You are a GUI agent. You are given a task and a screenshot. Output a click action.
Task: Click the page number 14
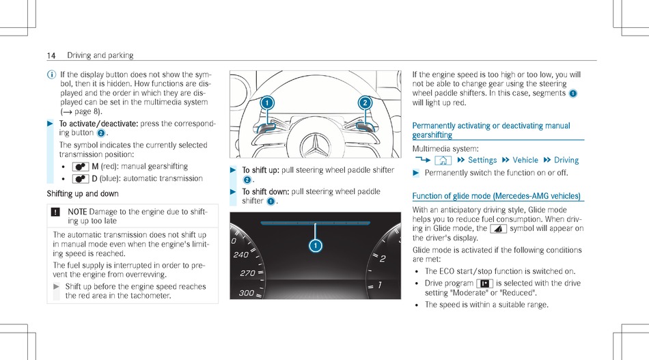51,55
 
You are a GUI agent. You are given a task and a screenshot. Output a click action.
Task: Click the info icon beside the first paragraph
51,74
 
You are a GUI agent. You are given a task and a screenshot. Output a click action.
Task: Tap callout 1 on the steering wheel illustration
266,102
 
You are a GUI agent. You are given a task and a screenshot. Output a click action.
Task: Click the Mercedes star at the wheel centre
315,144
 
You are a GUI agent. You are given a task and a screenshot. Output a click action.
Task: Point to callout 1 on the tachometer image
315,245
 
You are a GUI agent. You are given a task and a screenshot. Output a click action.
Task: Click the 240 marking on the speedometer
240,255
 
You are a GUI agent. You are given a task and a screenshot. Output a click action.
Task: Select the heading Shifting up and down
83,194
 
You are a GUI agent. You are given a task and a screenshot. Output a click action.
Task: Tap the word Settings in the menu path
482,160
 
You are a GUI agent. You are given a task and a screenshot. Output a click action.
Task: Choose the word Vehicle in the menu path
525,160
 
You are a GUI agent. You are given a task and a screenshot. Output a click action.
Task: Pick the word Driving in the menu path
566,160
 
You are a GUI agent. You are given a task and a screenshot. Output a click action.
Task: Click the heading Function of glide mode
497,196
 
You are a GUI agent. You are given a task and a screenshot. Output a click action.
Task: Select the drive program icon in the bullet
484,283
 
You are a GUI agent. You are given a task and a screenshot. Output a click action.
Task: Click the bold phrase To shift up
260,170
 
